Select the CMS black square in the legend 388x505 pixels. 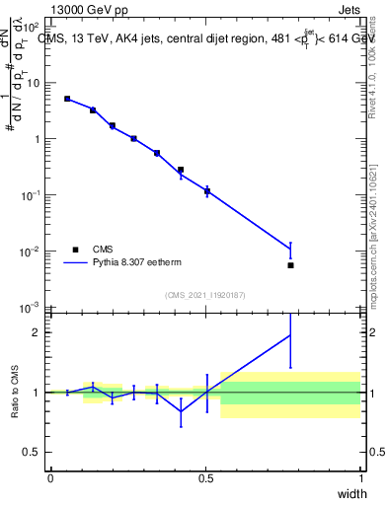(76, 250)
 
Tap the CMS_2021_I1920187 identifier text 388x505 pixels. (204, 295)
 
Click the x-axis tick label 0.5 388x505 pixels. (205, 477)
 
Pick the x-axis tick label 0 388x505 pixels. (50, 477)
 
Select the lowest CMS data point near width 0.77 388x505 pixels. (290, 265)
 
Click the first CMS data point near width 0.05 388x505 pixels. (67, 99)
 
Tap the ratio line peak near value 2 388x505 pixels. (290, 335)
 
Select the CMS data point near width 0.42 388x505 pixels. (181, 170)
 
